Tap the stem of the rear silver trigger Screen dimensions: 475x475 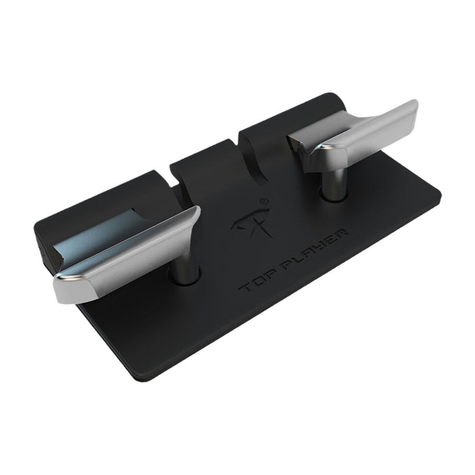coord(334,183)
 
